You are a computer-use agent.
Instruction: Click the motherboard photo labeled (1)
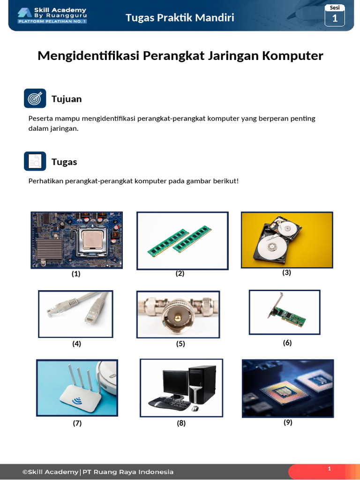77,240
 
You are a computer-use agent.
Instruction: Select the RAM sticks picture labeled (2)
182,240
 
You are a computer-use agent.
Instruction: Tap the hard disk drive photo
287,240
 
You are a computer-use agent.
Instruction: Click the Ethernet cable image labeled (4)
75,314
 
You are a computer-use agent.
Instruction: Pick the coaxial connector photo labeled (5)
178,314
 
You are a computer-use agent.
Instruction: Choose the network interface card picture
285,312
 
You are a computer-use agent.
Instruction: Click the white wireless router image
77,388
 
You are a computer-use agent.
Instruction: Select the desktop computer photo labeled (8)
181,388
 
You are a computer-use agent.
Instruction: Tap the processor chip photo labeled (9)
288,388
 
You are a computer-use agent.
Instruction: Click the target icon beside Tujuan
35,98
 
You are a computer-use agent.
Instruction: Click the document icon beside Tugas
35,161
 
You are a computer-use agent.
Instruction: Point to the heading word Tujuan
67,99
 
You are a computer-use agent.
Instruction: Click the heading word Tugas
64,162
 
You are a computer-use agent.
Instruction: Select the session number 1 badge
335,15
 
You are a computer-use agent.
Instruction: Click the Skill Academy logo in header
52,15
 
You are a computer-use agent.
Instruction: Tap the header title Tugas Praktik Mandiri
180,18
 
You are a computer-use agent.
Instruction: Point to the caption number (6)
287,343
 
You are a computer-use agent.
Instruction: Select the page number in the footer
329,469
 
